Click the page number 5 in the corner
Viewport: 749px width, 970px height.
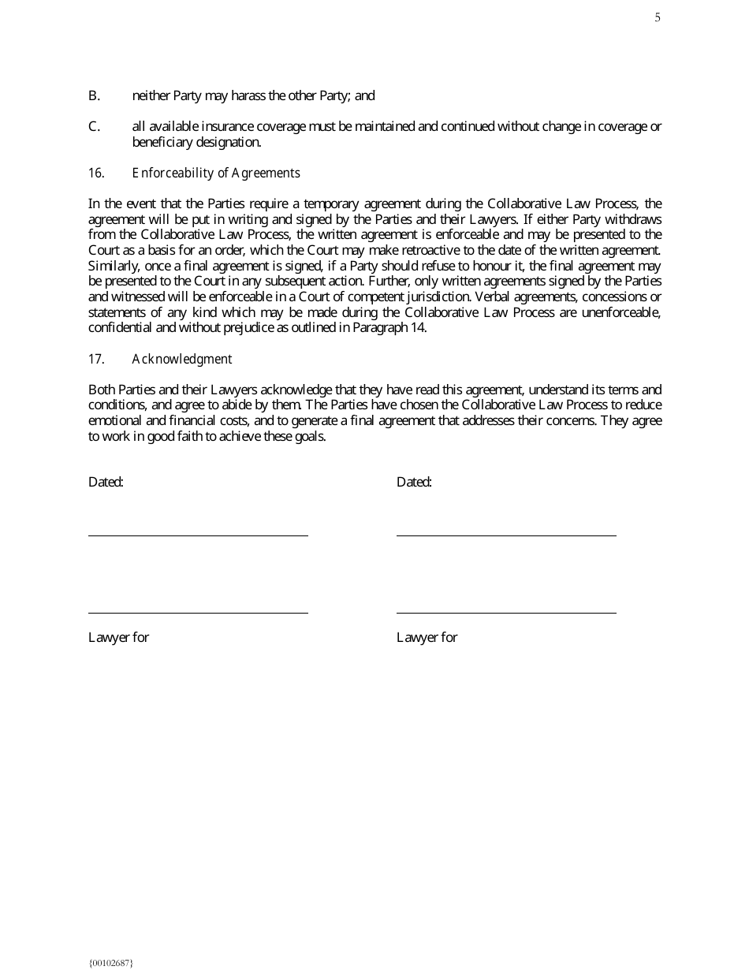pos(658,18)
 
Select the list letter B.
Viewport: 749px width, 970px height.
pos(94,95)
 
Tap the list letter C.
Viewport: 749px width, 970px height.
pos(94,126)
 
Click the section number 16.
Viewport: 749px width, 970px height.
pos(95,173)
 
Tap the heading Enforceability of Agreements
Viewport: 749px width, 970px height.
pos(216,173)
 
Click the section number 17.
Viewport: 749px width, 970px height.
pos(95,359)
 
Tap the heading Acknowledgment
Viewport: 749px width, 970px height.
pos(182,359)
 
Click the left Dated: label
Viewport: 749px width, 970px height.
pos(106,482)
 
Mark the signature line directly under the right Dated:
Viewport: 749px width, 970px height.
pos(506,535)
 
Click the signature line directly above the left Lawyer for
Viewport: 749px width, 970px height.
pos(198,612)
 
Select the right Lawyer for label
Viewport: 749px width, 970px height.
pos(427,637)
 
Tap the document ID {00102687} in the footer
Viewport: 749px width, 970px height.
pos(111,962)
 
